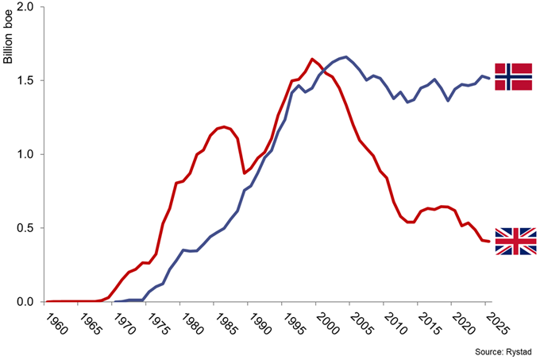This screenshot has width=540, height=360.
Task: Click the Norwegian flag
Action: coord(513,76)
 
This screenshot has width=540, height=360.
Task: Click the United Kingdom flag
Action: coord(515,242)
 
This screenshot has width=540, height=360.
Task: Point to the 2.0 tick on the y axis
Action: coord(23,8)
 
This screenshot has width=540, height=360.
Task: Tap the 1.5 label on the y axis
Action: coord(23,81)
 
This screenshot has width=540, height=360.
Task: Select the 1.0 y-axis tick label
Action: coord(23,155)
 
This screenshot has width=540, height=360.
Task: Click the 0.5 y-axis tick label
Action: coord(23,228)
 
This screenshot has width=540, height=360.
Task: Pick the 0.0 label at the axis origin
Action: coord(23,302)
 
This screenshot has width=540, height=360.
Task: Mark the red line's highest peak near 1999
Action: coord(312,59)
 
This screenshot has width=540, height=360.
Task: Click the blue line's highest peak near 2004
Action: coord(345,56)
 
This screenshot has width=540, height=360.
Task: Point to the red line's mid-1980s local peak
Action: coord(225,126)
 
